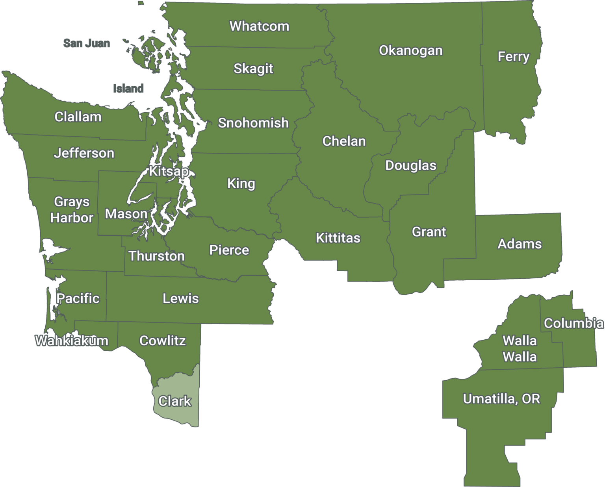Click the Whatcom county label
(259, 26)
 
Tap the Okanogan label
(410, 51)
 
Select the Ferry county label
(513, 57)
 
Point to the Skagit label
(253, 69)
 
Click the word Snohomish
(253, 123)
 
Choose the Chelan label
(344, 141)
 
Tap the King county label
(241, 183)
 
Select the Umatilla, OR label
(501, 399)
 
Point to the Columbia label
(573, 323)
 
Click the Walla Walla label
(520, 349)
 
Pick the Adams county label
(520, 244)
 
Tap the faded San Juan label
(87, 43)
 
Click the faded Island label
(128, 89)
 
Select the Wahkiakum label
(72, 341)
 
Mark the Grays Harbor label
(72, 209)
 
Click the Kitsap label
(169, 171)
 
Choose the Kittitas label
(338, 238)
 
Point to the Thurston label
(156, 256)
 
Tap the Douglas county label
(410, 165)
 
